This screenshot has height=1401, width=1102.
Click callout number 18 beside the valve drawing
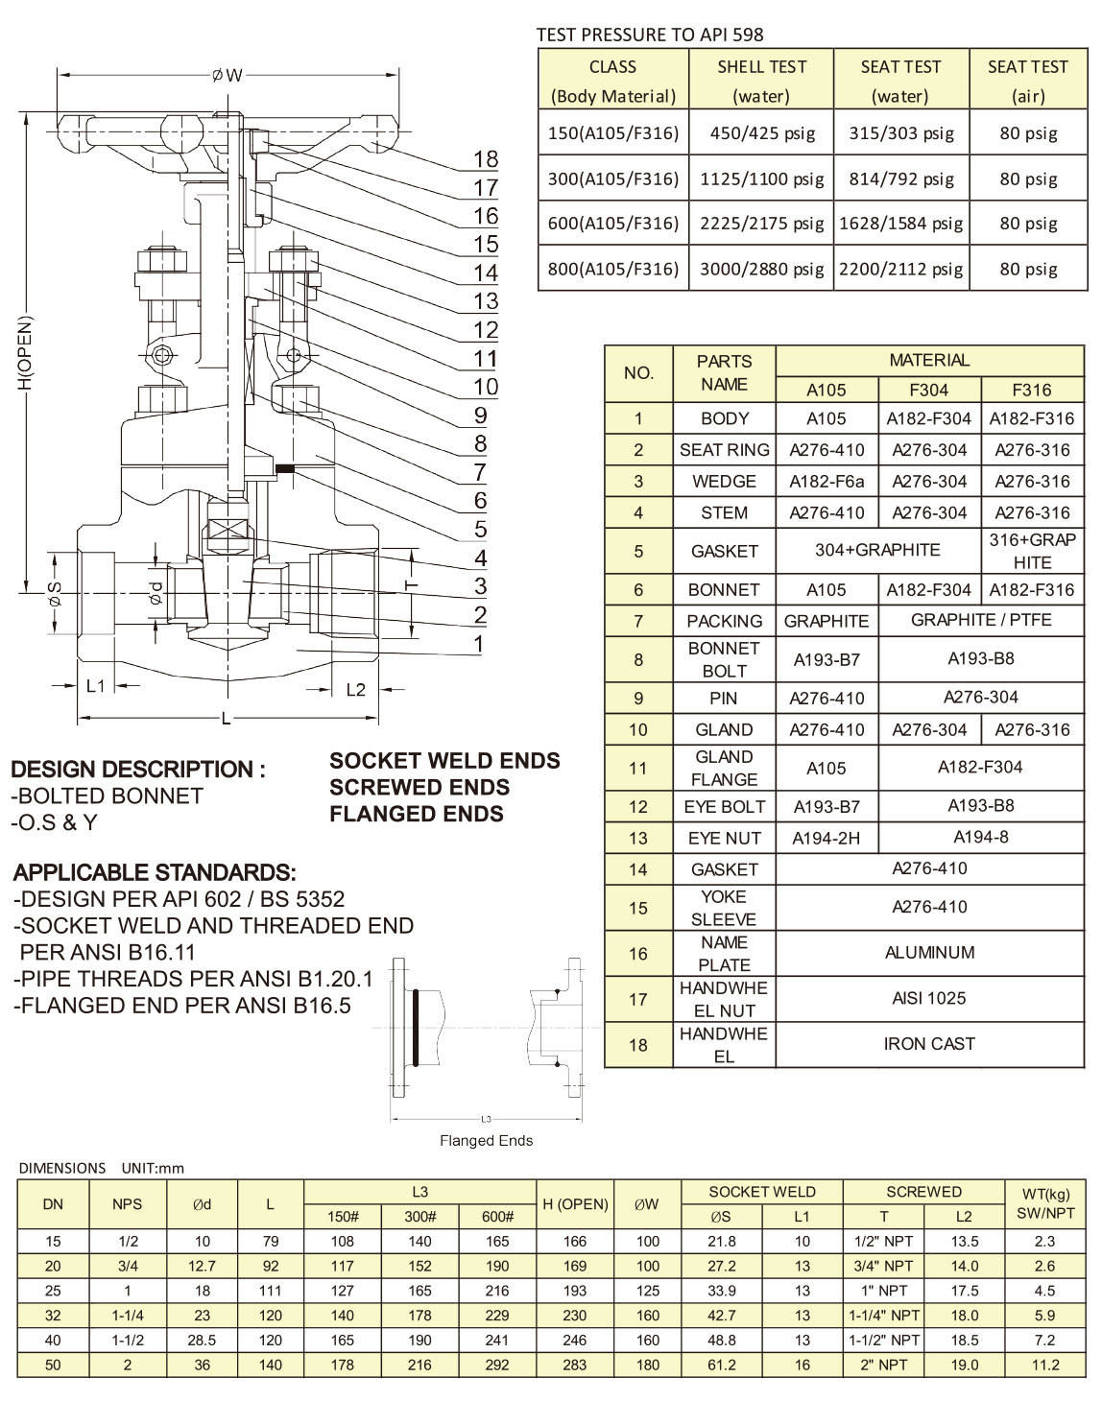coord(486,158)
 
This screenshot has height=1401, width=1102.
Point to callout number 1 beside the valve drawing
coord(479,643)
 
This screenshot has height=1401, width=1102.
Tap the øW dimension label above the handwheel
coord(228,75)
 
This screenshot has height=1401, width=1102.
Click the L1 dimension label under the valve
coord(96,687)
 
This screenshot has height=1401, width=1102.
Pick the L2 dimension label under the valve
coord(355,689)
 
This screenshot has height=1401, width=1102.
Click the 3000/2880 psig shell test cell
coord(761,269)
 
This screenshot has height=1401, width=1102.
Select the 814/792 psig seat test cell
coord(900,178)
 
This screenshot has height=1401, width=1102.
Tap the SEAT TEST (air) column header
coord(1027,81)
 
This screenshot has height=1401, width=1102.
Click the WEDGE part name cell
coord(724,482)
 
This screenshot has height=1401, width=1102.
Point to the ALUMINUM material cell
coord(928,953)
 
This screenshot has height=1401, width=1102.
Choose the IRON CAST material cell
coord(928,1043)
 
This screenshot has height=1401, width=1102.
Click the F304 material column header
coord(928,390)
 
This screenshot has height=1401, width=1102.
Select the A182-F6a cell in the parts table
coord(826,482)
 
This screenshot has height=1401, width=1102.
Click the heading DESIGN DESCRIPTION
coord(137,770)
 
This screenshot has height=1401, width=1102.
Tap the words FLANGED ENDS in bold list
coord(416,814)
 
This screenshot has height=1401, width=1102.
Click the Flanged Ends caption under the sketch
coord(486,1141)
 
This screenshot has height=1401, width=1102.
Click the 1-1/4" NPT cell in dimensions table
coord(883,1316)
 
